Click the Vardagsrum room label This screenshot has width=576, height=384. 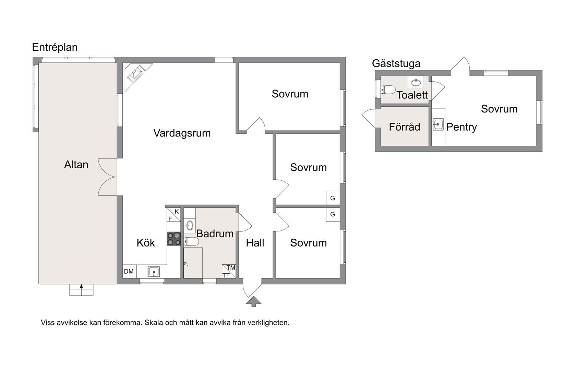(182, 133)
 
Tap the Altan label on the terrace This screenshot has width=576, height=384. (76, 165)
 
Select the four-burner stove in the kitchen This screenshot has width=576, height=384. (174, 239)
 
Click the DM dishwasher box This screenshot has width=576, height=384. (129, 271)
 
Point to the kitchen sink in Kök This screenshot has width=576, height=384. (154, 272)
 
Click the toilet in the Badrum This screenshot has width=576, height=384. (191, 241)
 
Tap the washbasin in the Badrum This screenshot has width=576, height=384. (190, 226)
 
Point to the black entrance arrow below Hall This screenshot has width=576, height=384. (254, 301)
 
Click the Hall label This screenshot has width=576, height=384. (255, 243)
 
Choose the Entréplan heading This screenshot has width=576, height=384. (55, 48)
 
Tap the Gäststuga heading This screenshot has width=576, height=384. (396, 63)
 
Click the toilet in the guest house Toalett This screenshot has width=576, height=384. (388, 90)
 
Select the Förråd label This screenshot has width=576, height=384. (405, 127)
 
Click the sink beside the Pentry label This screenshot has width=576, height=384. (438, 124)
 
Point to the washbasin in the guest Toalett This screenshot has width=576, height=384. (416, 83)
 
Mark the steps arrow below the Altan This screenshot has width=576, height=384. (82, 290)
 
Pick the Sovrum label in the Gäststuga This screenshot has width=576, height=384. (499, 109)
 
